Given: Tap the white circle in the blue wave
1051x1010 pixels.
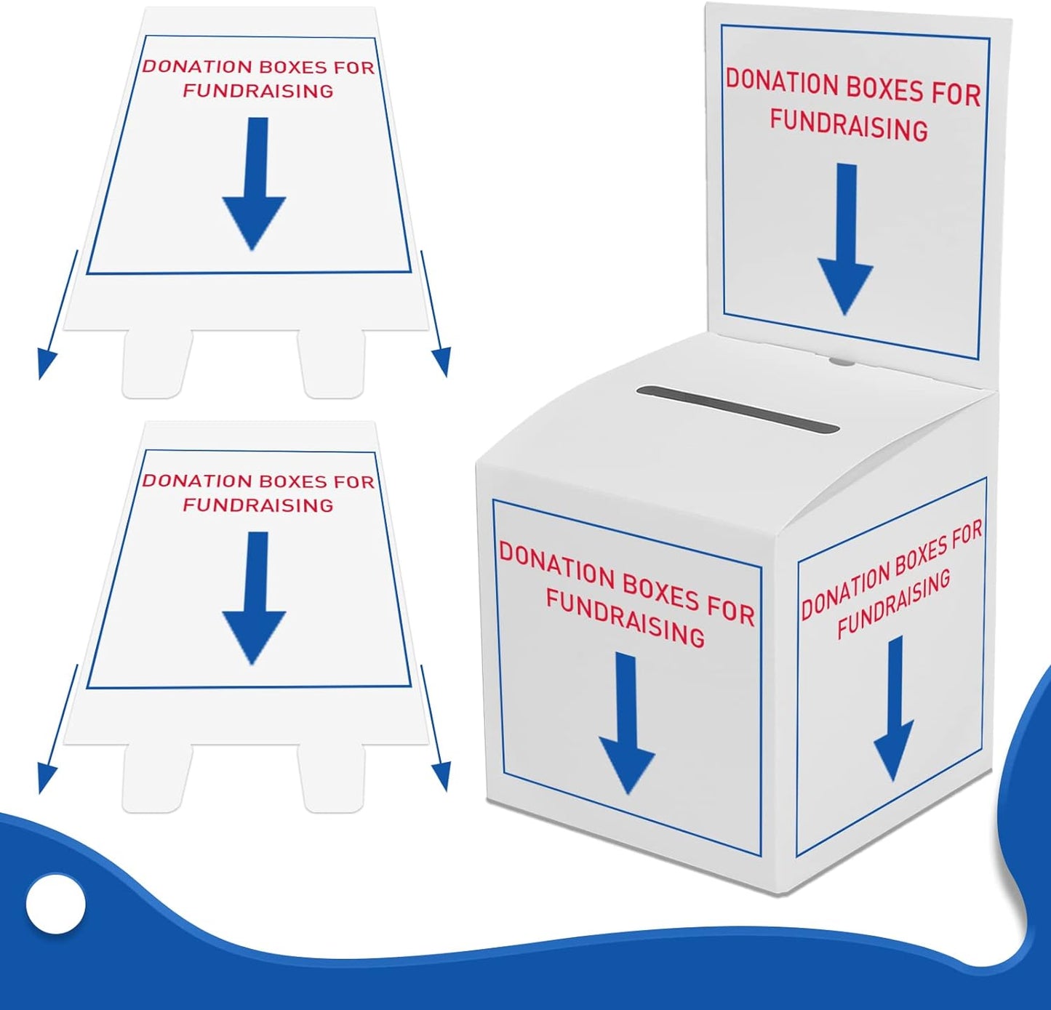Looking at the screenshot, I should click(x=56, y=904).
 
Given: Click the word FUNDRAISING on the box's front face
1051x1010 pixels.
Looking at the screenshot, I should click(x=626, y=618).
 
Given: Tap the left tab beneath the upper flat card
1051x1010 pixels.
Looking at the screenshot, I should click(x=157, y=364).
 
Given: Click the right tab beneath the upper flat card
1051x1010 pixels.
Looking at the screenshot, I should click(x=332, y=364).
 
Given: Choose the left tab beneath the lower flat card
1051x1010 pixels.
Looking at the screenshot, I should click(x=157, y=778).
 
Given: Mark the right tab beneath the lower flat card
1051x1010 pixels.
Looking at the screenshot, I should click(x=332, y=778).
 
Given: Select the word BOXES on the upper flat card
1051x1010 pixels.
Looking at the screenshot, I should click(x=293, y=67).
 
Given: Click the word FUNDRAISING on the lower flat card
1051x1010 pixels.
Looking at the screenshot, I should click(x=257, y=505).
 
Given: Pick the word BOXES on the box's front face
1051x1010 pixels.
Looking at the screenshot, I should click(x=661, y=588).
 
